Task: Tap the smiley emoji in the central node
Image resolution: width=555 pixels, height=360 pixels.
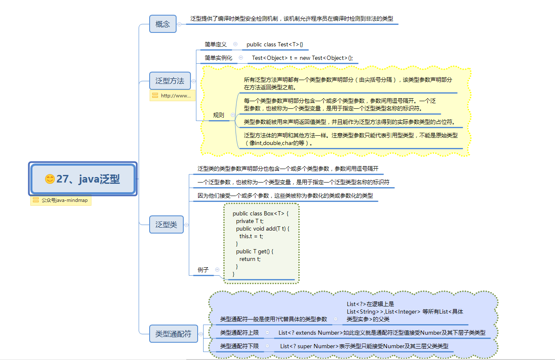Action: [50, 179]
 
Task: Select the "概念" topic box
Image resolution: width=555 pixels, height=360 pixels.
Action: [163, 24]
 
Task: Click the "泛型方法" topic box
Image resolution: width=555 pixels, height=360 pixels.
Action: [170, 81]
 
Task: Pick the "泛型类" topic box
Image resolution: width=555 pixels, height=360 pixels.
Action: [166, 225]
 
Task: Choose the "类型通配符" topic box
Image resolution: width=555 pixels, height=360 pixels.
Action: [173, 334]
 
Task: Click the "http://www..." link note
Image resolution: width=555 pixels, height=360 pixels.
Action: [173, 96]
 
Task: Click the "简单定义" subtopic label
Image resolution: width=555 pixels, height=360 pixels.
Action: [216, 44]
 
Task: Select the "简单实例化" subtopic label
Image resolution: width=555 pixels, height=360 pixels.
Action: [218, 58]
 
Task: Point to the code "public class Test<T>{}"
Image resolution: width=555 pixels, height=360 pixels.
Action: [275, 44]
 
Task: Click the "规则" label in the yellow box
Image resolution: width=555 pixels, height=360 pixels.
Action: [219, 115]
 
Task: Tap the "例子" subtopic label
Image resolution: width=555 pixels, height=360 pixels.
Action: [203, 270]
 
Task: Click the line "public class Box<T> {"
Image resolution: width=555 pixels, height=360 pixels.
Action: [260, 214]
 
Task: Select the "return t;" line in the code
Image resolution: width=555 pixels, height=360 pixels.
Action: [250, 259]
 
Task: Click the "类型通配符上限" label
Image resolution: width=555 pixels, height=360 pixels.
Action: [239, 333]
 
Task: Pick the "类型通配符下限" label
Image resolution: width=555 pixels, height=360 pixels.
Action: [239, 346]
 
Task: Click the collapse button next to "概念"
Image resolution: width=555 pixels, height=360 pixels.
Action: [180, 24]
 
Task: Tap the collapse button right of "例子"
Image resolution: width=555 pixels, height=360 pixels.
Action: [217, 269]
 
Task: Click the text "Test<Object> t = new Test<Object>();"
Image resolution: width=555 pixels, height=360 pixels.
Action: [302, 58]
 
